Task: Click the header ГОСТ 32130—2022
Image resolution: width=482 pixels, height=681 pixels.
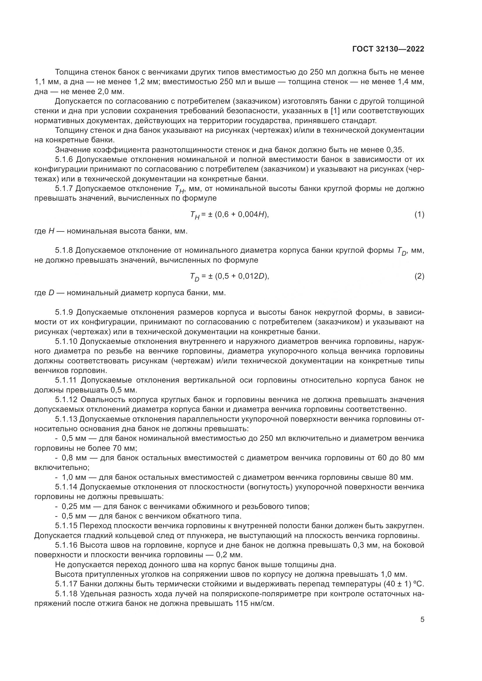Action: (x=388, y=49)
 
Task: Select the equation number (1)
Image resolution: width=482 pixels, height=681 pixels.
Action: (x=419, y=215)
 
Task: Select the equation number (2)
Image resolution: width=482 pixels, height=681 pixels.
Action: (x=419, y=276)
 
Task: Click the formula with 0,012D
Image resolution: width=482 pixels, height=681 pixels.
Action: (x=229, y=277)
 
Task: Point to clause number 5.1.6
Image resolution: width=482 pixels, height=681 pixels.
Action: (x=64, y=160)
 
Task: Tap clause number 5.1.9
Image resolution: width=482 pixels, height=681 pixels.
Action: (x=64, y=312)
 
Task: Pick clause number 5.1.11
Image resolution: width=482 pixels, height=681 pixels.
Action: (x=66, y=380)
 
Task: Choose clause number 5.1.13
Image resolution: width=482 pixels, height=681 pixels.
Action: (x=66, y=419)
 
